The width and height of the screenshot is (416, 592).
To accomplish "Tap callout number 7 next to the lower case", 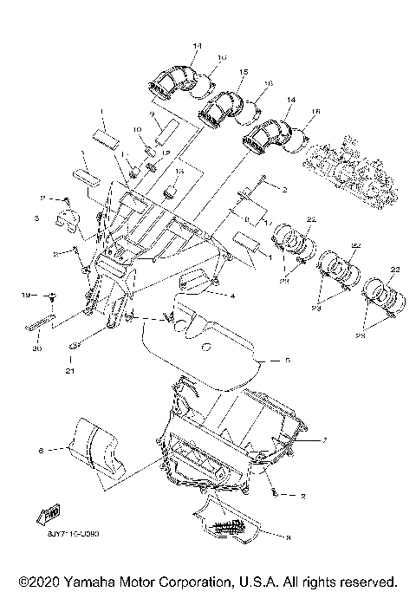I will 324,440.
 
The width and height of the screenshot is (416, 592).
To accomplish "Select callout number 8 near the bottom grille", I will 288,537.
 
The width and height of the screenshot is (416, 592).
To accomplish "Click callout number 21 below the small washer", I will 68,372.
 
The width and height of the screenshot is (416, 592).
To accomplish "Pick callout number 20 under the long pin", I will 36,348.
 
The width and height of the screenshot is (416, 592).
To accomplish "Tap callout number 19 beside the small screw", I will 26,296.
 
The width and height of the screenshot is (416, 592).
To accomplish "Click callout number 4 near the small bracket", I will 232,296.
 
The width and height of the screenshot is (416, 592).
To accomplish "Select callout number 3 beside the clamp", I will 37,221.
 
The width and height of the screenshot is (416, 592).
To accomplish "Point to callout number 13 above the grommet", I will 180,172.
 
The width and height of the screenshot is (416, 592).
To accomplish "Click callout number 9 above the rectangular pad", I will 151,114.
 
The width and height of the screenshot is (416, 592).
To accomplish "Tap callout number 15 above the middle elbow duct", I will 244,71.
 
